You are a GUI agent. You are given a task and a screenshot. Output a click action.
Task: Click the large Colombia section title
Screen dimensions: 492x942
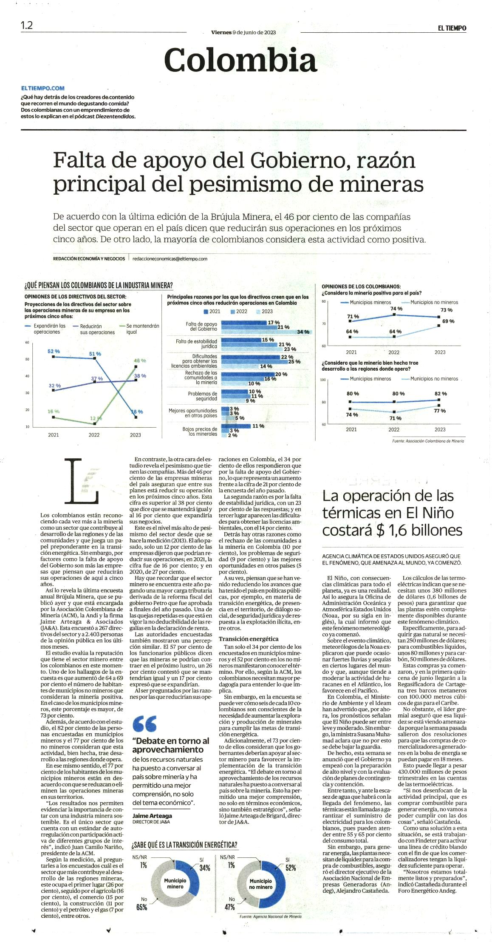pos(240,60)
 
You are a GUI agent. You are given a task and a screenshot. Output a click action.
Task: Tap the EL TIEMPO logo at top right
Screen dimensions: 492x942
pos(452,28)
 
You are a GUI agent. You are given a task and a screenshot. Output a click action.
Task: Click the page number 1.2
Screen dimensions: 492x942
pos(27,26)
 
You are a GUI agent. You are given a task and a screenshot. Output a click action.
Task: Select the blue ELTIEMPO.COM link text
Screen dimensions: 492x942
pos(43,88)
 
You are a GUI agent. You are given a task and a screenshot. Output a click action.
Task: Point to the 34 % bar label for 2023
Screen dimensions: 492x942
pos(303,332)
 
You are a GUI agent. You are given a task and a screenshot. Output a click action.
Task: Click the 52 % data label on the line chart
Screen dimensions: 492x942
pos(54,352)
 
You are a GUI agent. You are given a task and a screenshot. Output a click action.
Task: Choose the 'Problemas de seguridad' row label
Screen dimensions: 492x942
pos(203,396)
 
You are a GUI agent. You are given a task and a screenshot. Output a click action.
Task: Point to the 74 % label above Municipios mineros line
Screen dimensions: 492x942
pos(396,309)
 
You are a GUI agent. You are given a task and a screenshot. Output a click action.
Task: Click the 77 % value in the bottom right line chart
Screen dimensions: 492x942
pos(440,411)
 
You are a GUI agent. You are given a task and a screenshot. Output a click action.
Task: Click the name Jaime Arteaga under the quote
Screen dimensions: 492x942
pos(152,816)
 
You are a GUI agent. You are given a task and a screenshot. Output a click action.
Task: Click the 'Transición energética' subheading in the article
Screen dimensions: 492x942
pos(249,639)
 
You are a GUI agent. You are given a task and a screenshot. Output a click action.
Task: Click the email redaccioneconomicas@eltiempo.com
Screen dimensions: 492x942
pos(170,258)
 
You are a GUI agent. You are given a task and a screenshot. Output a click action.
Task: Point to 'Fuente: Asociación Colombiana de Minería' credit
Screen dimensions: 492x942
pos(428,441)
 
